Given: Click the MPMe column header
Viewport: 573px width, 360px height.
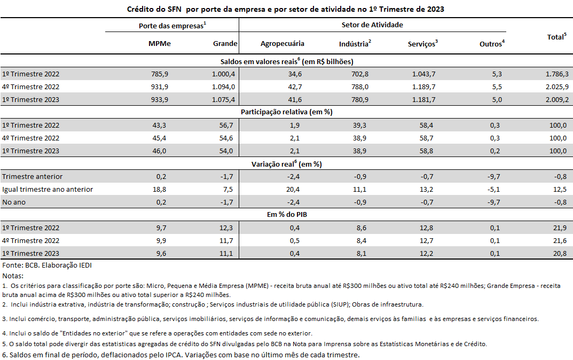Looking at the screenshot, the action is pos(159,43).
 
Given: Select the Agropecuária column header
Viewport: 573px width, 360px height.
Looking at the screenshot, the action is pos(282,43).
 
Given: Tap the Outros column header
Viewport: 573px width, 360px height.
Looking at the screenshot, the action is pos(492,43).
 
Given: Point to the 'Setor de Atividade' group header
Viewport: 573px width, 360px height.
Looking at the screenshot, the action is pos(372,25).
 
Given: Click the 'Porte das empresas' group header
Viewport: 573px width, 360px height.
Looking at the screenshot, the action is pos(172,26).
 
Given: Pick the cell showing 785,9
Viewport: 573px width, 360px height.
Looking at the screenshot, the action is pos(160,74).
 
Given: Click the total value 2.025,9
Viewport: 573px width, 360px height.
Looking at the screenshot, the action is pos(557,87).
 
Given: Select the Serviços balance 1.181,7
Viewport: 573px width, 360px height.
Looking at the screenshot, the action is pos(423,100).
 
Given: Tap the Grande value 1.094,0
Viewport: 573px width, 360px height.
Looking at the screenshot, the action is pos(223,87).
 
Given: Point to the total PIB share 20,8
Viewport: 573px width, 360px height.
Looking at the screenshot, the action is pos(560,253).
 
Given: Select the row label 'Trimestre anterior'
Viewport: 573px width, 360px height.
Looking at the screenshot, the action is pos(32,176).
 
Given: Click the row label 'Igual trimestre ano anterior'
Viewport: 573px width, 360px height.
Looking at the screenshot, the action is pos(48,189).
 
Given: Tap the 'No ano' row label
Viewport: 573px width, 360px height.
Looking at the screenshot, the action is pos(14,202).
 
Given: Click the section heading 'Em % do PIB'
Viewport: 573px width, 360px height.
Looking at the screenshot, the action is pos(287,215).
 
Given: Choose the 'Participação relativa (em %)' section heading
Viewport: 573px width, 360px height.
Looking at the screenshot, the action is pos(286,112).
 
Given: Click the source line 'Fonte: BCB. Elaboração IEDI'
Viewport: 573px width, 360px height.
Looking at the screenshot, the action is pos(47,265).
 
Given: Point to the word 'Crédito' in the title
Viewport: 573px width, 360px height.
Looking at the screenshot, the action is pos(140,9).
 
